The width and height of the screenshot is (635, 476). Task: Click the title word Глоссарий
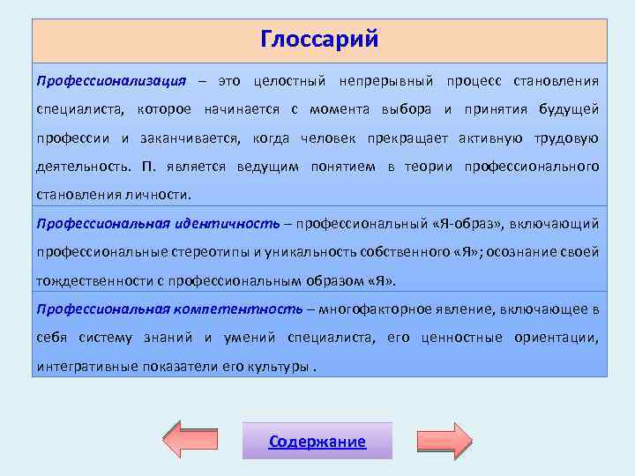click(x=319, y=40)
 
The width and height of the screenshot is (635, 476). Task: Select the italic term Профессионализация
click(x=111, y=81)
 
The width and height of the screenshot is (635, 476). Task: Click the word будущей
click(x=570, y=109)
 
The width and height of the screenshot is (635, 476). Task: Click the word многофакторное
click(x=376, y=309)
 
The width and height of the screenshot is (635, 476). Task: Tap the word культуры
click(x=277, y=366)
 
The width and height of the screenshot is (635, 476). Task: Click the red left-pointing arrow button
click(x=191, y=440)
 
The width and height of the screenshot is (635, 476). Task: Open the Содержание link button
click(x=317, y=442)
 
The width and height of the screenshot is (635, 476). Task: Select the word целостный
click(x=285, y=81)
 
